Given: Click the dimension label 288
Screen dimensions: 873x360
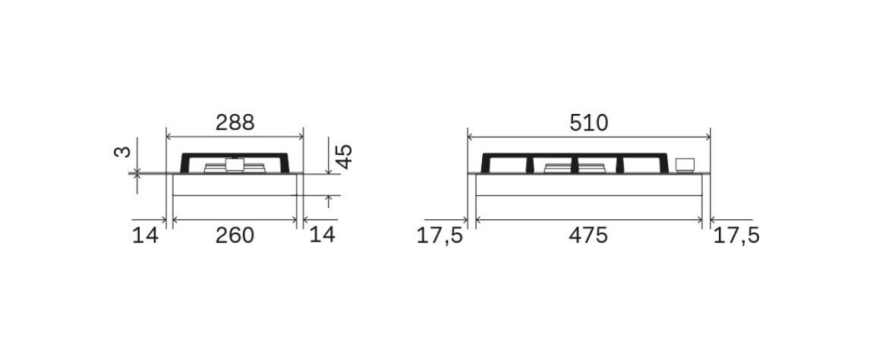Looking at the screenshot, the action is click(235, 122).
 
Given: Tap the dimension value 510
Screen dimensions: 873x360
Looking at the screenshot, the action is click(588, 123).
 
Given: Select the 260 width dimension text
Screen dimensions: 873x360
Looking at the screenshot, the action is click(235, 235).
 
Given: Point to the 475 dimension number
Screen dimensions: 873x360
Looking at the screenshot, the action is click(588, 235).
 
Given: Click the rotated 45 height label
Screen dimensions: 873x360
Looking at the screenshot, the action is click(345, 156).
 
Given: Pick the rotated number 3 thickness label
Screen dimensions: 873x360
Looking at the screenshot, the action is click(122, 152).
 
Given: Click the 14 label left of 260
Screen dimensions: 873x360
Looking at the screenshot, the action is click(145, 235).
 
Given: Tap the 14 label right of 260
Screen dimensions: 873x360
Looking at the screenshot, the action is click(322, 235).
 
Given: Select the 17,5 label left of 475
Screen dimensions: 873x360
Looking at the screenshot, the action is click(440, 236).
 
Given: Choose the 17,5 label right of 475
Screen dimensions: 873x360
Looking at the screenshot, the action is click(736, 236).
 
